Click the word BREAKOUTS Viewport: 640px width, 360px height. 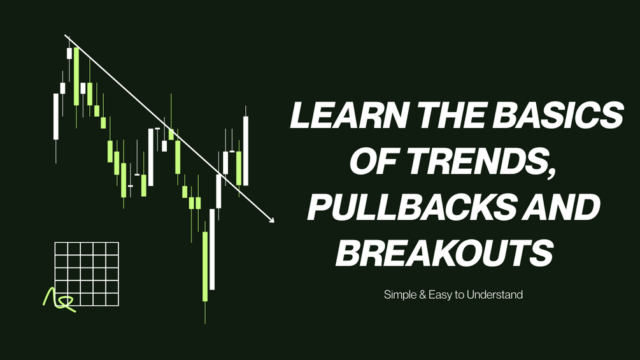[444, 253]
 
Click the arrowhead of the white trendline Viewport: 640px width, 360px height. [271, 220]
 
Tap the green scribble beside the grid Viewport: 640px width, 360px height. [59, 299]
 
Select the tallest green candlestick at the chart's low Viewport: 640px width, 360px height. [205, 266]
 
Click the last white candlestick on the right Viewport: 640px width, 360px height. [246, 150]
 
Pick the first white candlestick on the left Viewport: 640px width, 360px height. [56, 117]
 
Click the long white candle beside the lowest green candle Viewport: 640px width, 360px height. [212, 249]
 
